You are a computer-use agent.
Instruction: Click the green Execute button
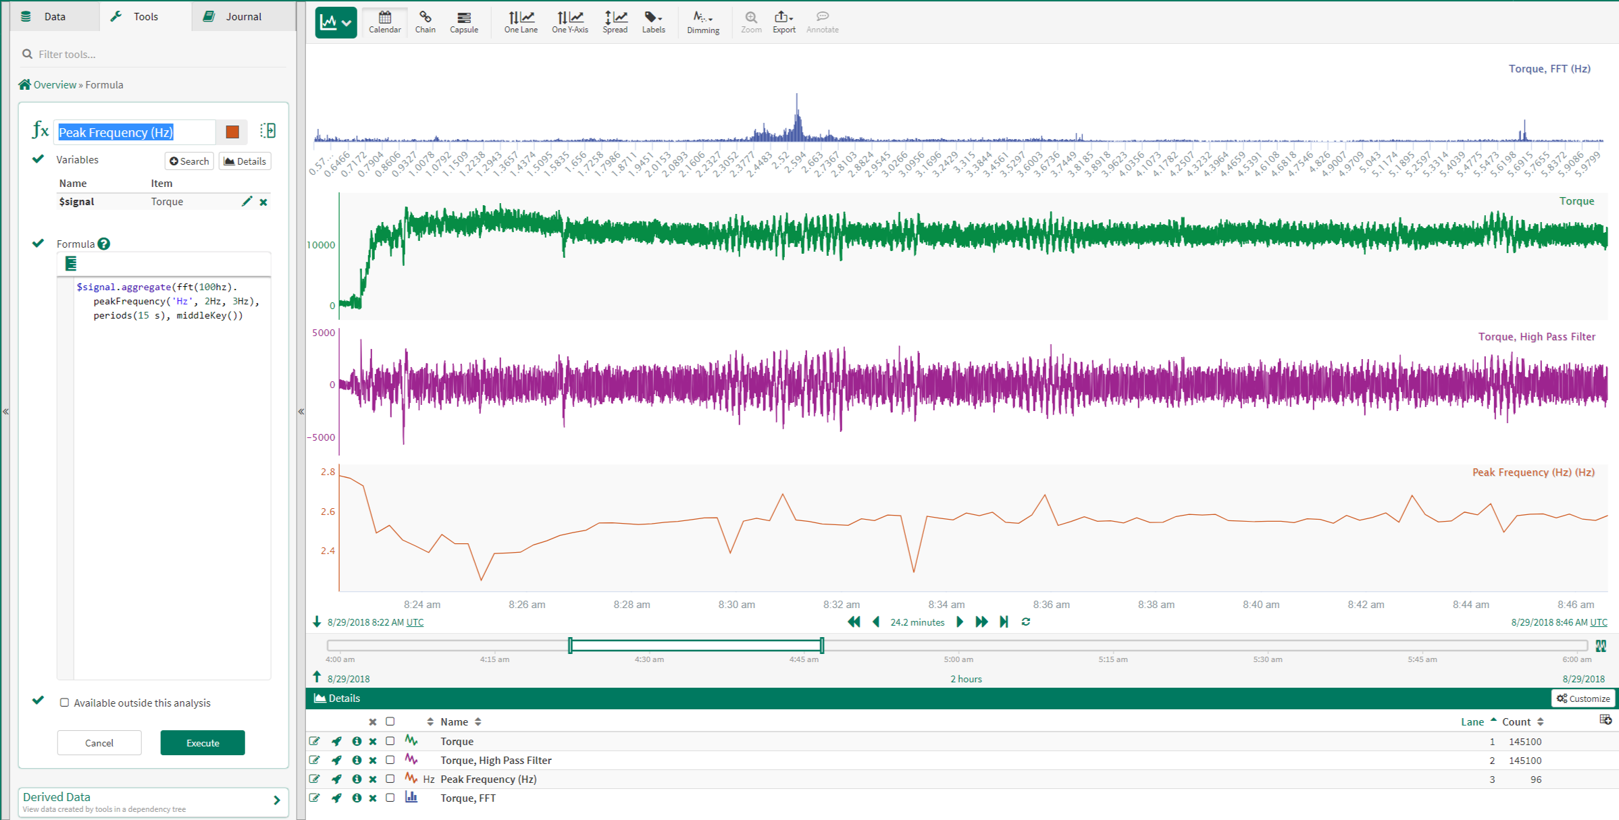(x=203, y=742)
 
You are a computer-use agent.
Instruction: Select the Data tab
(x=54, y=16)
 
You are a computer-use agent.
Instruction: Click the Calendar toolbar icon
(x=385, y=21)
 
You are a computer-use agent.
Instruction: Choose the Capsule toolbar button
(x=464, y=21)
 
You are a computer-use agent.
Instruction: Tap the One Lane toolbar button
(x=521, y=21)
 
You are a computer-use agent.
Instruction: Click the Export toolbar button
(x=783, y=21)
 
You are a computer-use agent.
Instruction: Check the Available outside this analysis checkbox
(x=65, y=703)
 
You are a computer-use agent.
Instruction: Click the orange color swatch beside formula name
(x=232, y=132)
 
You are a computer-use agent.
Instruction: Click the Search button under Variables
(x=189, y=161)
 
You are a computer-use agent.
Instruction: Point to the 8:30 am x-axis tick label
(x=736, y=604)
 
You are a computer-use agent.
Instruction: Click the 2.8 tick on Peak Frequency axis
(x=328, y=472)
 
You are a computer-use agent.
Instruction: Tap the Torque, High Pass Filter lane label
(x=1537, y=337)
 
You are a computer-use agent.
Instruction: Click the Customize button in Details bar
(x=1583, y=699)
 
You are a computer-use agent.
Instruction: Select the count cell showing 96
(x=1535, y=780)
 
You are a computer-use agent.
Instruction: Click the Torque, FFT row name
(x=468, y=798)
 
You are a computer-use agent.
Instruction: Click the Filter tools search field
(x=155, y=54)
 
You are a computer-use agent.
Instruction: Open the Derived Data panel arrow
(x=276, y=800)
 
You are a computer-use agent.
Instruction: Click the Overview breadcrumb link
(x=55, y=85)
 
